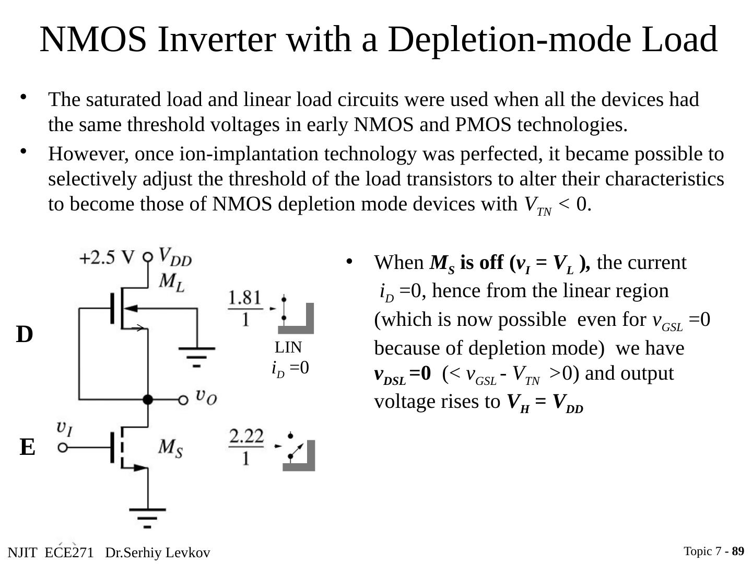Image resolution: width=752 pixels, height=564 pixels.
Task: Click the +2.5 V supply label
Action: tap(107, 258)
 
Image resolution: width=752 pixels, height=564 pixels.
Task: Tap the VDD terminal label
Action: tap(175, 256)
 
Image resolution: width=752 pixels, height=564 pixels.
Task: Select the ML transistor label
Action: tap(172, 282)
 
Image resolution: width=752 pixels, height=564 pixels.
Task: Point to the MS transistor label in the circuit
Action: tap(171, 448)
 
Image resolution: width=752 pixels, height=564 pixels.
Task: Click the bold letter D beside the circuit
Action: tap(25, 335)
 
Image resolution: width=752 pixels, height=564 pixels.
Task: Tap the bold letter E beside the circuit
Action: tap(28, 448)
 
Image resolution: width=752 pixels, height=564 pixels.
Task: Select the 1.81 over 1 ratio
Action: tap(245, 308)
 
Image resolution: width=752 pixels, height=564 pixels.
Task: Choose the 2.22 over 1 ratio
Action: tap(246, 446)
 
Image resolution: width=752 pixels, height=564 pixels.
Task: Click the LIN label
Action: tap(288, 348)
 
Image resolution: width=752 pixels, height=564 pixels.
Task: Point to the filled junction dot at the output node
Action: tap(148, 399)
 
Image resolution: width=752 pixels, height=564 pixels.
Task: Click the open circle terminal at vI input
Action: tap(63, 448)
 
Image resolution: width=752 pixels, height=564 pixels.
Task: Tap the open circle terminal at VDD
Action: tap(148, 257)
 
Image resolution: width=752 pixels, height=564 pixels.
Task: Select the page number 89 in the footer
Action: tap(738, 551)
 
